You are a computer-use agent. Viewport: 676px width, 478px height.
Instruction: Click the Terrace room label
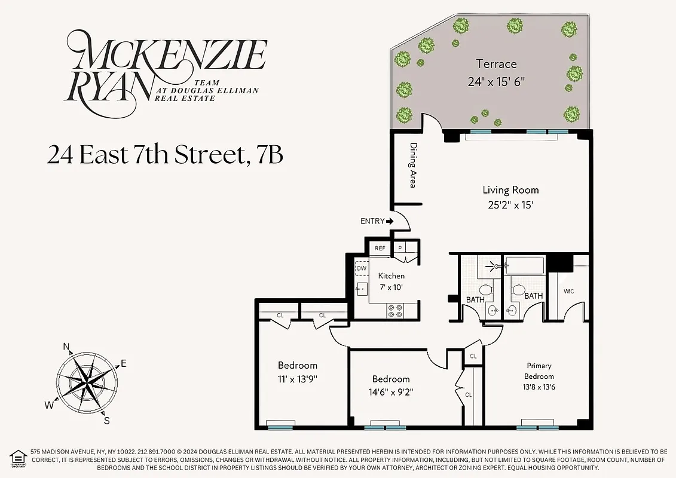pyautogui.click(x=496, y=64)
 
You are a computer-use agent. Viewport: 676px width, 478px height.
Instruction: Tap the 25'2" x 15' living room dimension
pyautogui.click(x=510, y=205)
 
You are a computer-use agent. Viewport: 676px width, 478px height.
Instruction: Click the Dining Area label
pyautogui.click(x=412, y=165)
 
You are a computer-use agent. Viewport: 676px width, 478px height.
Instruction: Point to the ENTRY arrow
pyautogui.click(x=390, y=221)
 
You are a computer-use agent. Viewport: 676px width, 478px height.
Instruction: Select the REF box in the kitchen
pyautogui.click(x=380, y=248)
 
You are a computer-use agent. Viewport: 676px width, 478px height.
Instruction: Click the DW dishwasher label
pyautogui.click(x=362, y=269)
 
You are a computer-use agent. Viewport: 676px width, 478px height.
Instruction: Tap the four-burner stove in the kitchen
pyautogui.click(x=395, y=310)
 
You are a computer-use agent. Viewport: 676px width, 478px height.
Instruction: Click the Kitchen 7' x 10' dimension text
pyautogui.click(x=391, y=287)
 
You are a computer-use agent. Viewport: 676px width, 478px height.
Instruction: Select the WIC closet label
pyautogui.click(x=568, y=292)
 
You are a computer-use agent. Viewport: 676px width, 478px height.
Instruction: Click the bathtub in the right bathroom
pyautogui.click(x=524, y=265)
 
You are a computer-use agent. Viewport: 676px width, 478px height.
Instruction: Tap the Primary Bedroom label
pyautogui.click(x=539, y=370)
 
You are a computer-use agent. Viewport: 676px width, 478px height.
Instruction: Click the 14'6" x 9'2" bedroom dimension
pyautogui.click(x=391, y=393)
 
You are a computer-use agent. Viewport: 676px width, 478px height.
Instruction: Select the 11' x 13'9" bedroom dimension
pyautogui.click(x=297, y=379)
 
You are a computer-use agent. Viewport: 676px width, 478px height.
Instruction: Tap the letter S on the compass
pyautogui.click(x=106, y=420)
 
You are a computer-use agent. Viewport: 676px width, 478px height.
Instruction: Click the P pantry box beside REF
pyautogui.click(x=399, y=248)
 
